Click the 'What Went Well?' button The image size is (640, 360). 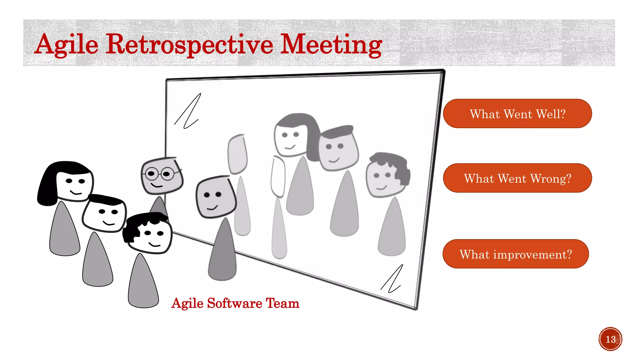[517, 114]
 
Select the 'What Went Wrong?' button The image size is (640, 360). [517, 178]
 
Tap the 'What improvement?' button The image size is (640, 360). [516, 254]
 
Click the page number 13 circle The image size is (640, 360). [610, 339]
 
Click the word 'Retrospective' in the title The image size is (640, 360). [189, 44]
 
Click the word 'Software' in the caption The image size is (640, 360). [234, 303]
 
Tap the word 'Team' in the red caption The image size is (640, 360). [282, 303]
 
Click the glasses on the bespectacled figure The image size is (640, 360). [160, 173]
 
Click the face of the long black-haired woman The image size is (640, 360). [74, 184]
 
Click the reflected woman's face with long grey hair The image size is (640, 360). [290, 137]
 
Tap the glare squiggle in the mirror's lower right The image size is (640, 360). [392, 279]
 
